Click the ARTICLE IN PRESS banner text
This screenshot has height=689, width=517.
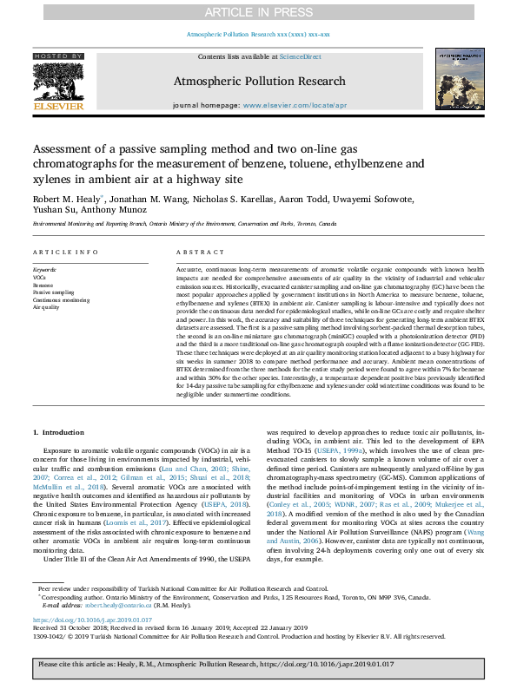point(258,12)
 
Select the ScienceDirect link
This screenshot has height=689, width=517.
point(301,56)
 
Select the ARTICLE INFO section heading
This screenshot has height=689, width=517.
point(64,253)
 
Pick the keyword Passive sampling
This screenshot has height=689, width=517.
point(53,292)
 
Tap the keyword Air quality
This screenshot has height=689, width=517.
point(46,306)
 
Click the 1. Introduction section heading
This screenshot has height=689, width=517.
point(59,431)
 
